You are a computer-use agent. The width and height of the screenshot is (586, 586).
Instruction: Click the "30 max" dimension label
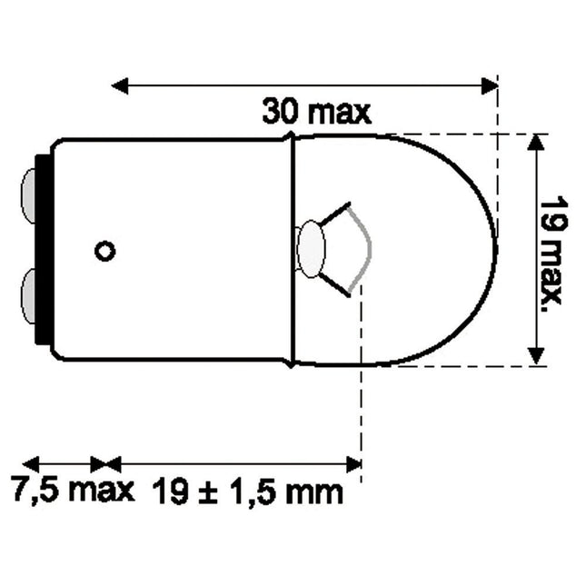click(316, 112)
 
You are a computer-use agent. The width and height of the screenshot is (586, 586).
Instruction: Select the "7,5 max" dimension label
click(72, 489)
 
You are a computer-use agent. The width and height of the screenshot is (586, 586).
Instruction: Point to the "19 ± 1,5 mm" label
click(247, 492)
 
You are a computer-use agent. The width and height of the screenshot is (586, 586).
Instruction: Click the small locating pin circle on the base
click(105, 251)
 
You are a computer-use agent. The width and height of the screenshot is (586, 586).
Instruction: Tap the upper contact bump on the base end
click(29, 196)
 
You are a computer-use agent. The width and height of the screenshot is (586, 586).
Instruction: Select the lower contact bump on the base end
click(28, 296)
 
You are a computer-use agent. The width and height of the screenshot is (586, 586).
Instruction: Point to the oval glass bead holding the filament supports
click(312, 249)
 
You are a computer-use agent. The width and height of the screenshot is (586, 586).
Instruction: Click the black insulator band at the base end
click(42, 250)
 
